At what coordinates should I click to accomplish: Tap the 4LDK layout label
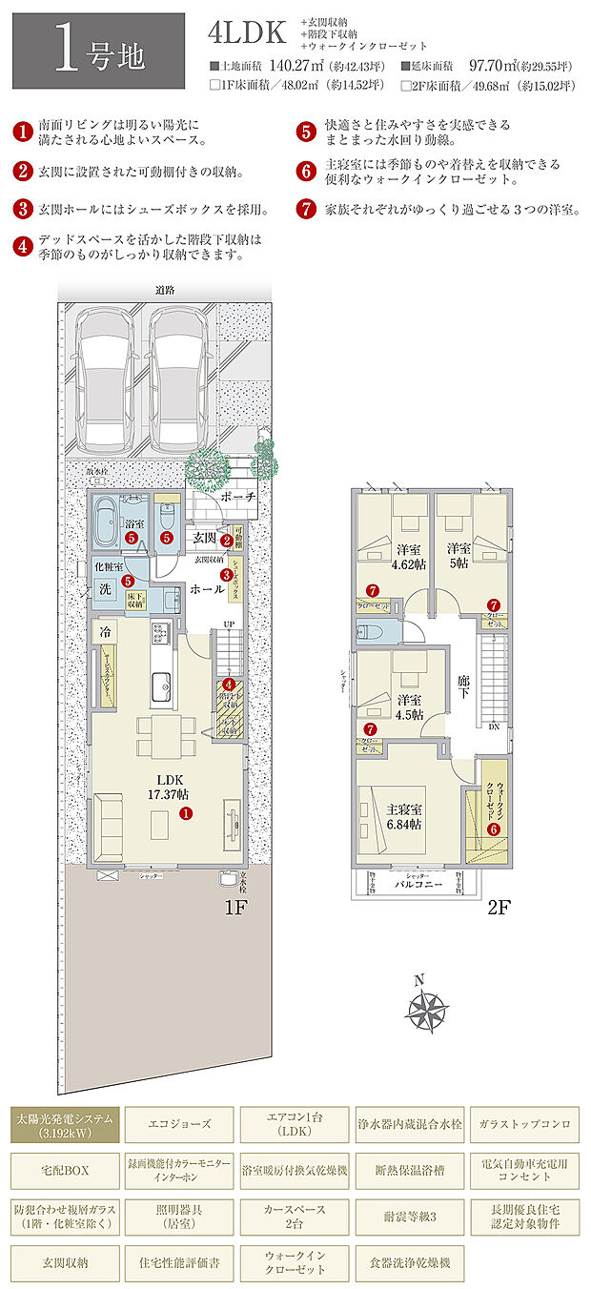(x=247, y=33)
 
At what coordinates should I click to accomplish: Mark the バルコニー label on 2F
(x=419, y=885)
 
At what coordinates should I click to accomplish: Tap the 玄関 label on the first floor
(x=204, y=539)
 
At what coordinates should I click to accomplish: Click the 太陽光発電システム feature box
(x=65, y=1125)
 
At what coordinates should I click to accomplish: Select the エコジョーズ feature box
(x=178, y=1125)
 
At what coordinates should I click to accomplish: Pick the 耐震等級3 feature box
(x=409, y=1217)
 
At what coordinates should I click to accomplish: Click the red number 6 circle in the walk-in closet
(x=493, y=829)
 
